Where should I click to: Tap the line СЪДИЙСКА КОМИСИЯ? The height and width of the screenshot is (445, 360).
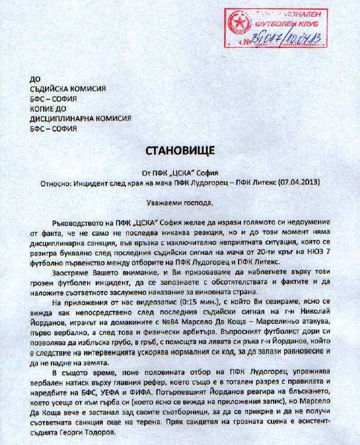[67, 89]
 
